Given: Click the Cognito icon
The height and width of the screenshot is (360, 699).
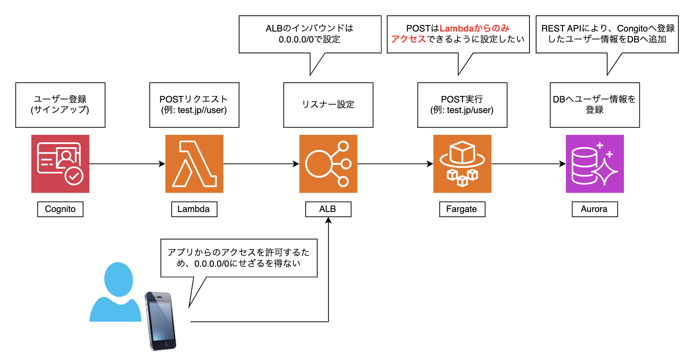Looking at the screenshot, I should [x=60, y=164].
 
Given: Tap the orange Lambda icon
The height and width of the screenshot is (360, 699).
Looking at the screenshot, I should [x=194, y=164].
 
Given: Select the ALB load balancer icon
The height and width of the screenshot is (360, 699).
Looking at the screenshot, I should [x=328, y=164].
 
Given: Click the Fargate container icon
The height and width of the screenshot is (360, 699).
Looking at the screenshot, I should [x=462, y=164].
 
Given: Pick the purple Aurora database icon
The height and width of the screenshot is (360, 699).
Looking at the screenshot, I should [x=594, y=164].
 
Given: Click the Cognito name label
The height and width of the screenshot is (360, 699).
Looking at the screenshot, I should [x=60, y=209].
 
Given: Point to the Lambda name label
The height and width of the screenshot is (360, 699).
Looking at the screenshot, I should [x=194, y=209].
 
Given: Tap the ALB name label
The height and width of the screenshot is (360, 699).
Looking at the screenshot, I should [x=328, y=209].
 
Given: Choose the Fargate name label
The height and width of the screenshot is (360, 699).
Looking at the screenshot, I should [x=462, y=209].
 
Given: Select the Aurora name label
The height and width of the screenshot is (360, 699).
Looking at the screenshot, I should [x=594, y=209].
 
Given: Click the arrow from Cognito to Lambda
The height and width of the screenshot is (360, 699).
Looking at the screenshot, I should [x=127, y=164].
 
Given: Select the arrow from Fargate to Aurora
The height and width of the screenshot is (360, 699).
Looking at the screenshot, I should [x=528, y=164].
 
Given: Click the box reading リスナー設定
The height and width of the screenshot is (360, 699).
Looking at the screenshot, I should [x=328, y=105].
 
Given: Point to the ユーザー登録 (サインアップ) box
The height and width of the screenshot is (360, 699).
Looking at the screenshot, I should [x=60, y=105].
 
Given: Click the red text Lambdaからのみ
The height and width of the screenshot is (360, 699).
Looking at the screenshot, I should [x=474, y=28].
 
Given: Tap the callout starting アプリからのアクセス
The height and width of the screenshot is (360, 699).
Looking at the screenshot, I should [x=239, y=258].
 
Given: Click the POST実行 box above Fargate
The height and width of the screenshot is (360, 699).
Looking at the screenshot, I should [x=462, y=105].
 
